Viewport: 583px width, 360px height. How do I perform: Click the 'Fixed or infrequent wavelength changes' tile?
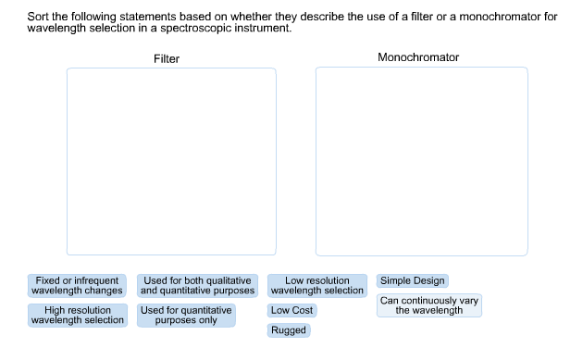point(78,285)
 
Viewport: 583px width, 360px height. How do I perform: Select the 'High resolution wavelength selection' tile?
point(78,315)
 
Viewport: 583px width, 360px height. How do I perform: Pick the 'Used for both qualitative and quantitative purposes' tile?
point(197,285)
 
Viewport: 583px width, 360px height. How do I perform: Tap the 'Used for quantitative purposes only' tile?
point(187,315)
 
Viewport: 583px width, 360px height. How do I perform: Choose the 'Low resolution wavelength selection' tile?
point(317,285)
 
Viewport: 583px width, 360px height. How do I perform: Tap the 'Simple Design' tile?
point(412,280)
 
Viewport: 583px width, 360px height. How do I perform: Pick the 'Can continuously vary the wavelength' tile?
point(429,305)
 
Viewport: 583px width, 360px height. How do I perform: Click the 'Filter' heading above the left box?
point(167,59)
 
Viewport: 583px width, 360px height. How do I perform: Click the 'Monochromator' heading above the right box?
point(418,57)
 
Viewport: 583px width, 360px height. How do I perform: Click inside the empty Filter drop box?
point(171,161)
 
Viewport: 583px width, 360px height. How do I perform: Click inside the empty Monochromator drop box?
point(421,161)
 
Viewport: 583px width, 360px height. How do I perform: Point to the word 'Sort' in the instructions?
point(38,17)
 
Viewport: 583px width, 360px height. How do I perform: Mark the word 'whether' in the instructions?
point(232,17)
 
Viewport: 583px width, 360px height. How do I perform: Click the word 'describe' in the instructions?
point(301,17)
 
